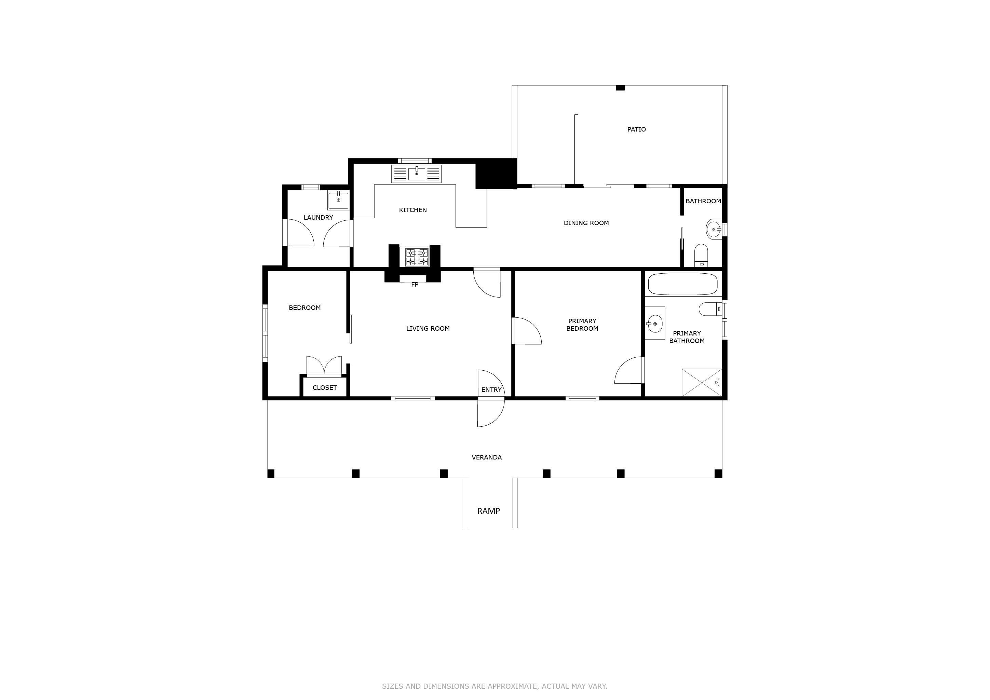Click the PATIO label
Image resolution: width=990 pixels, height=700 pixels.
click(x=636, y=129)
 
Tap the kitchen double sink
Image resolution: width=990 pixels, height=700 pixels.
click(x=416, y=174)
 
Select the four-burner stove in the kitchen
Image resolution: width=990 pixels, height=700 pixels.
click(x=417, y=257)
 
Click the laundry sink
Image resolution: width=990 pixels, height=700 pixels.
click(x=338, y=201)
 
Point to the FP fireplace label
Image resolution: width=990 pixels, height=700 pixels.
click(x=415, y=285)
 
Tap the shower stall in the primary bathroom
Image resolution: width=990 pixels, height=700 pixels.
click(x=701, y=382)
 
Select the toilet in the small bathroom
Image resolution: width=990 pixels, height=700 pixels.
click(x=701, y=256)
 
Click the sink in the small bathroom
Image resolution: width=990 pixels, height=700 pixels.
click(x=714, y=229)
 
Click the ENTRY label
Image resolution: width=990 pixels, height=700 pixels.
click(x=491, y=390)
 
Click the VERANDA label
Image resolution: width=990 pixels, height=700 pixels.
click(x=486, y=457)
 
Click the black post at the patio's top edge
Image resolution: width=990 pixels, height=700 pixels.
click(x=620, y=88)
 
